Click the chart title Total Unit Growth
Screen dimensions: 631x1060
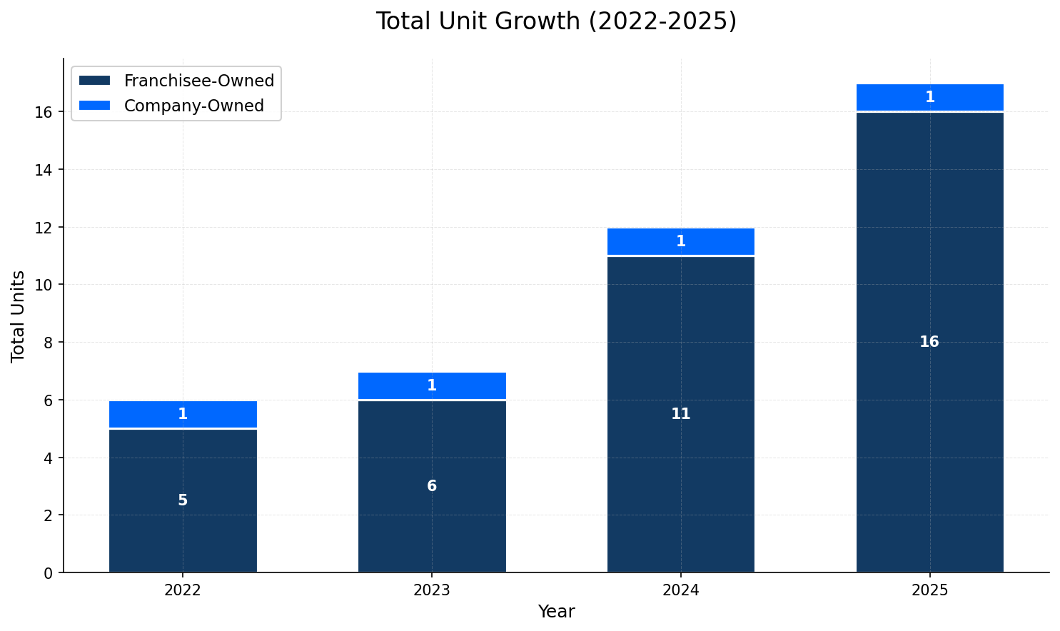556,21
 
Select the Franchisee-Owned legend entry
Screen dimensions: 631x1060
198,81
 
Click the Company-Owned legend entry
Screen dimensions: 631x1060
193,106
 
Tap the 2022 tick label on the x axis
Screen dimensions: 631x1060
183,590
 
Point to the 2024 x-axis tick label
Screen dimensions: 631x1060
680,590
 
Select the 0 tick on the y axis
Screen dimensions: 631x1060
48,572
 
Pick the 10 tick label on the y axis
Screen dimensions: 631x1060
44,285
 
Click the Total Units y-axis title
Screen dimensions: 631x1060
19,316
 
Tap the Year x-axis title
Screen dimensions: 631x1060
556,612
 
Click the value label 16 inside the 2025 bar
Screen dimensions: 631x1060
929,342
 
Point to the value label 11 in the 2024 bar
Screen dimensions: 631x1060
680,414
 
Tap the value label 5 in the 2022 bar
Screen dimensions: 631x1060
183,500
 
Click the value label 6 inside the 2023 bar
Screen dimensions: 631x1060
432,486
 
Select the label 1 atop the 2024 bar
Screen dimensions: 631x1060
680,241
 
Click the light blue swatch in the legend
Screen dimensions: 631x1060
94,106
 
